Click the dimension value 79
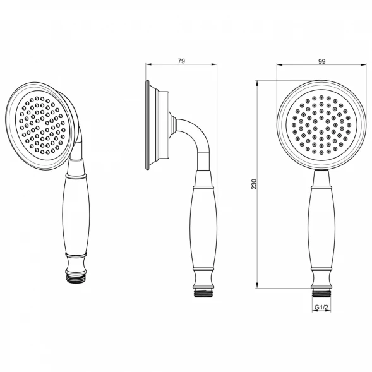point(181,61)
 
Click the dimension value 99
point(321,61)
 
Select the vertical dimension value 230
point(254,184)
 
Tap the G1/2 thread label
point(321,308)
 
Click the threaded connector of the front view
point(321,293)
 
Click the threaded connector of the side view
point(203,294)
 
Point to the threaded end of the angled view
point(75,279)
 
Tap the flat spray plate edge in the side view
point(147,125)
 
